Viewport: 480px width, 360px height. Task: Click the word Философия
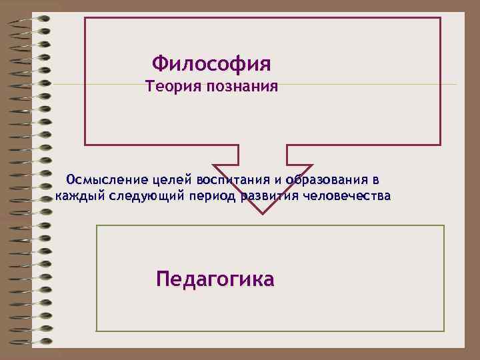click(211, 65)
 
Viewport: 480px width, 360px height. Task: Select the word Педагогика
click(215, 278)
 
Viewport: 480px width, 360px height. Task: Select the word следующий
click(146, 197)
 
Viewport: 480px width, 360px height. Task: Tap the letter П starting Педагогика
click(163, 278)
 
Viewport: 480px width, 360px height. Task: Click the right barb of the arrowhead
click(310, 166)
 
